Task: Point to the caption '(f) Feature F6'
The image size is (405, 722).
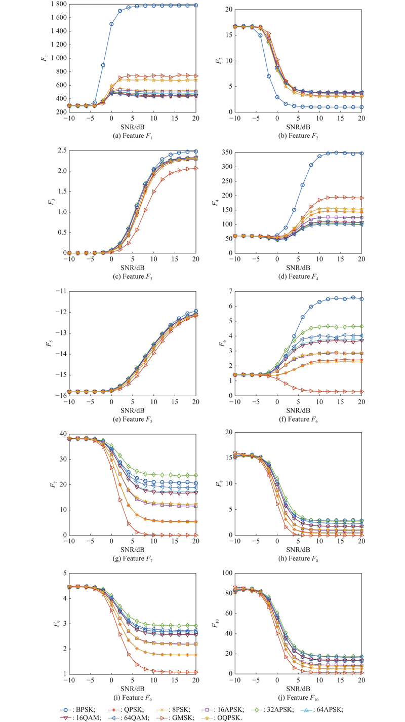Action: (x=312, y=420)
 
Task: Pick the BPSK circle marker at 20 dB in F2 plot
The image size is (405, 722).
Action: (x=361, y=107)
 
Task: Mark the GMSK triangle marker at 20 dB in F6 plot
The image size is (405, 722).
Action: (x=361, y=391)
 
